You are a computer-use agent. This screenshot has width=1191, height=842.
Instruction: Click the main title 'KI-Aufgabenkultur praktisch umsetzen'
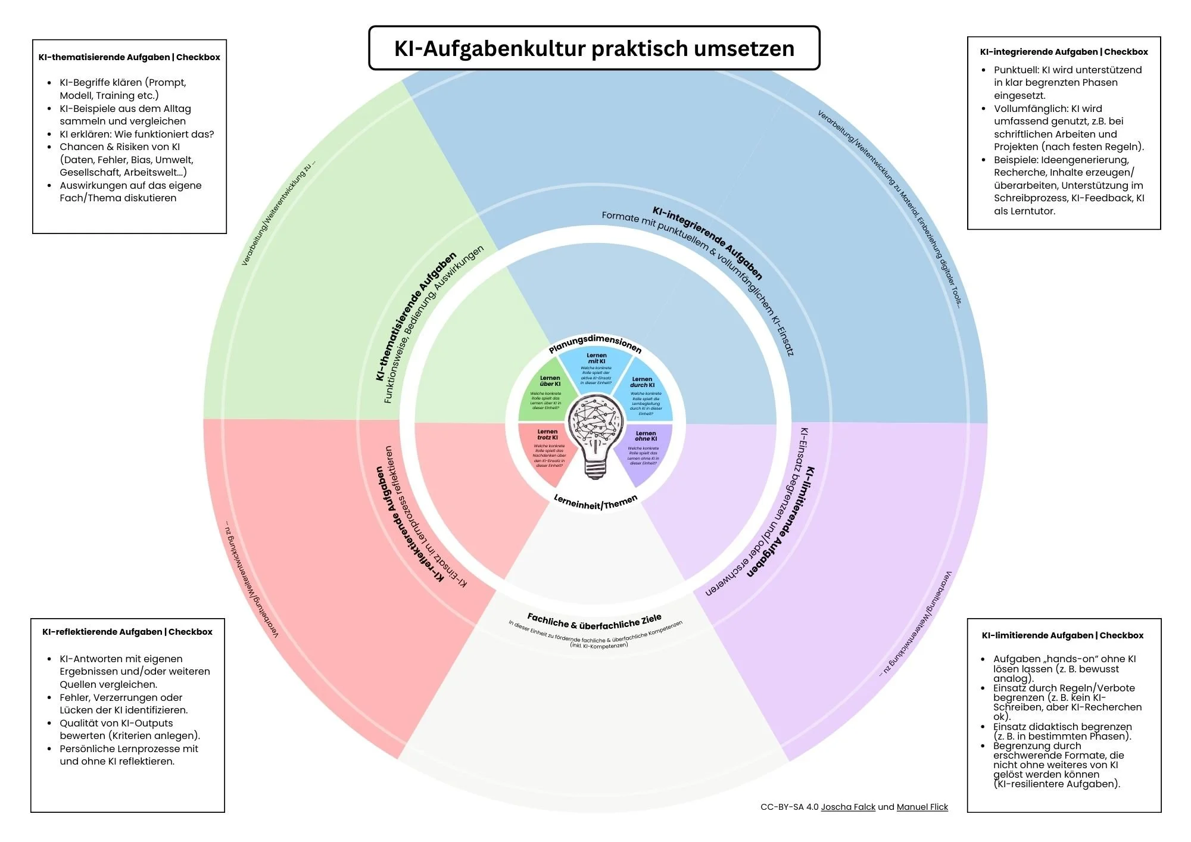click(594, 48)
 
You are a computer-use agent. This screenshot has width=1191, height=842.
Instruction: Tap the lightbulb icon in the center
click(595, 438)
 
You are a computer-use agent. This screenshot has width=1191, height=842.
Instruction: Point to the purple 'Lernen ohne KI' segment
click(644, 450)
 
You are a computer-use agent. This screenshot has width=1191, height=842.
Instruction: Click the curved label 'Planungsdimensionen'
click(595, 343)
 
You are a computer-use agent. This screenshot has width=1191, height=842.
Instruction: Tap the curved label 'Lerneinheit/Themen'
click(595, 502)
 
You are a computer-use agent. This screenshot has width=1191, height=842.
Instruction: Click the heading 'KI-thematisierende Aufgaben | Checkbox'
click(129, 57)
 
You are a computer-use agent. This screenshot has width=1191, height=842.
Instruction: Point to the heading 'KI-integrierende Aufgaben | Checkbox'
click(1064, 52)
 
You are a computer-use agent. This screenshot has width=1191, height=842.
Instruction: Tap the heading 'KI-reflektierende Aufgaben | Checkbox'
click(127, 632)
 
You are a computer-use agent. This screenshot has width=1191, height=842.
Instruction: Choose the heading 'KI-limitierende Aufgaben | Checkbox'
click(1062, 635)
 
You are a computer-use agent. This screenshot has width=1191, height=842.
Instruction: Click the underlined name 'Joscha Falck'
click(848, 807)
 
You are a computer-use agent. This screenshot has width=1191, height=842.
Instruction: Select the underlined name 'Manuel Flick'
click(922, 807)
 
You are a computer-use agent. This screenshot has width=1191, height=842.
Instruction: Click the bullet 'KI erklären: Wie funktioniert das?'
click(136, 134)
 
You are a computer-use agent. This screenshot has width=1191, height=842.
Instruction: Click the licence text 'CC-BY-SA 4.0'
click(789, 807)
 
